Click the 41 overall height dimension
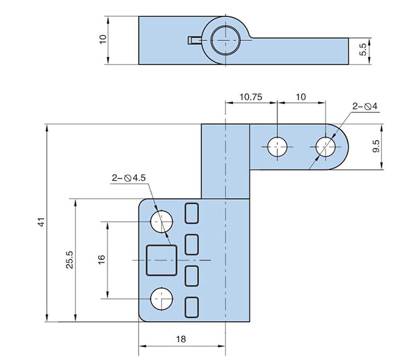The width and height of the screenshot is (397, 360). (x=41, y=222)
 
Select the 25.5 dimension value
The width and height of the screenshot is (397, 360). (x=70, y=260)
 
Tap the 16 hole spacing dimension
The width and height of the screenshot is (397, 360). (x=102, y=260)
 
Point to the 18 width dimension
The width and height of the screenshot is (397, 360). (x=181, y=339)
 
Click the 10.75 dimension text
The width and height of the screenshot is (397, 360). (x=250, y=97)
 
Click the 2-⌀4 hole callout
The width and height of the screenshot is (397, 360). (x=365, y=106)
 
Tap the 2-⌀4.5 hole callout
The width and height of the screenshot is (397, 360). (x=128, y=178)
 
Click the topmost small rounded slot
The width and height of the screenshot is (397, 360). (x=192, y=213)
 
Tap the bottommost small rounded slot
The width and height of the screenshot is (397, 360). (x=192, y=307)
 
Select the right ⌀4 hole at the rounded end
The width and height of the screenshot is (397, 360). (x=326, y=147)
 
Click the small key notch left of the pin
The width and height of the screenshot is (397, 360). (x=194, y=40)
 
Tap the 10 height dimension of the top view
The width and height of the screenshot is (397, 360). (x=103, y=39)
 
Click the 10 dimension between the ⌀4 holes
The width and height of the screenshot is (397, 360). (x=301, y=97)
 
